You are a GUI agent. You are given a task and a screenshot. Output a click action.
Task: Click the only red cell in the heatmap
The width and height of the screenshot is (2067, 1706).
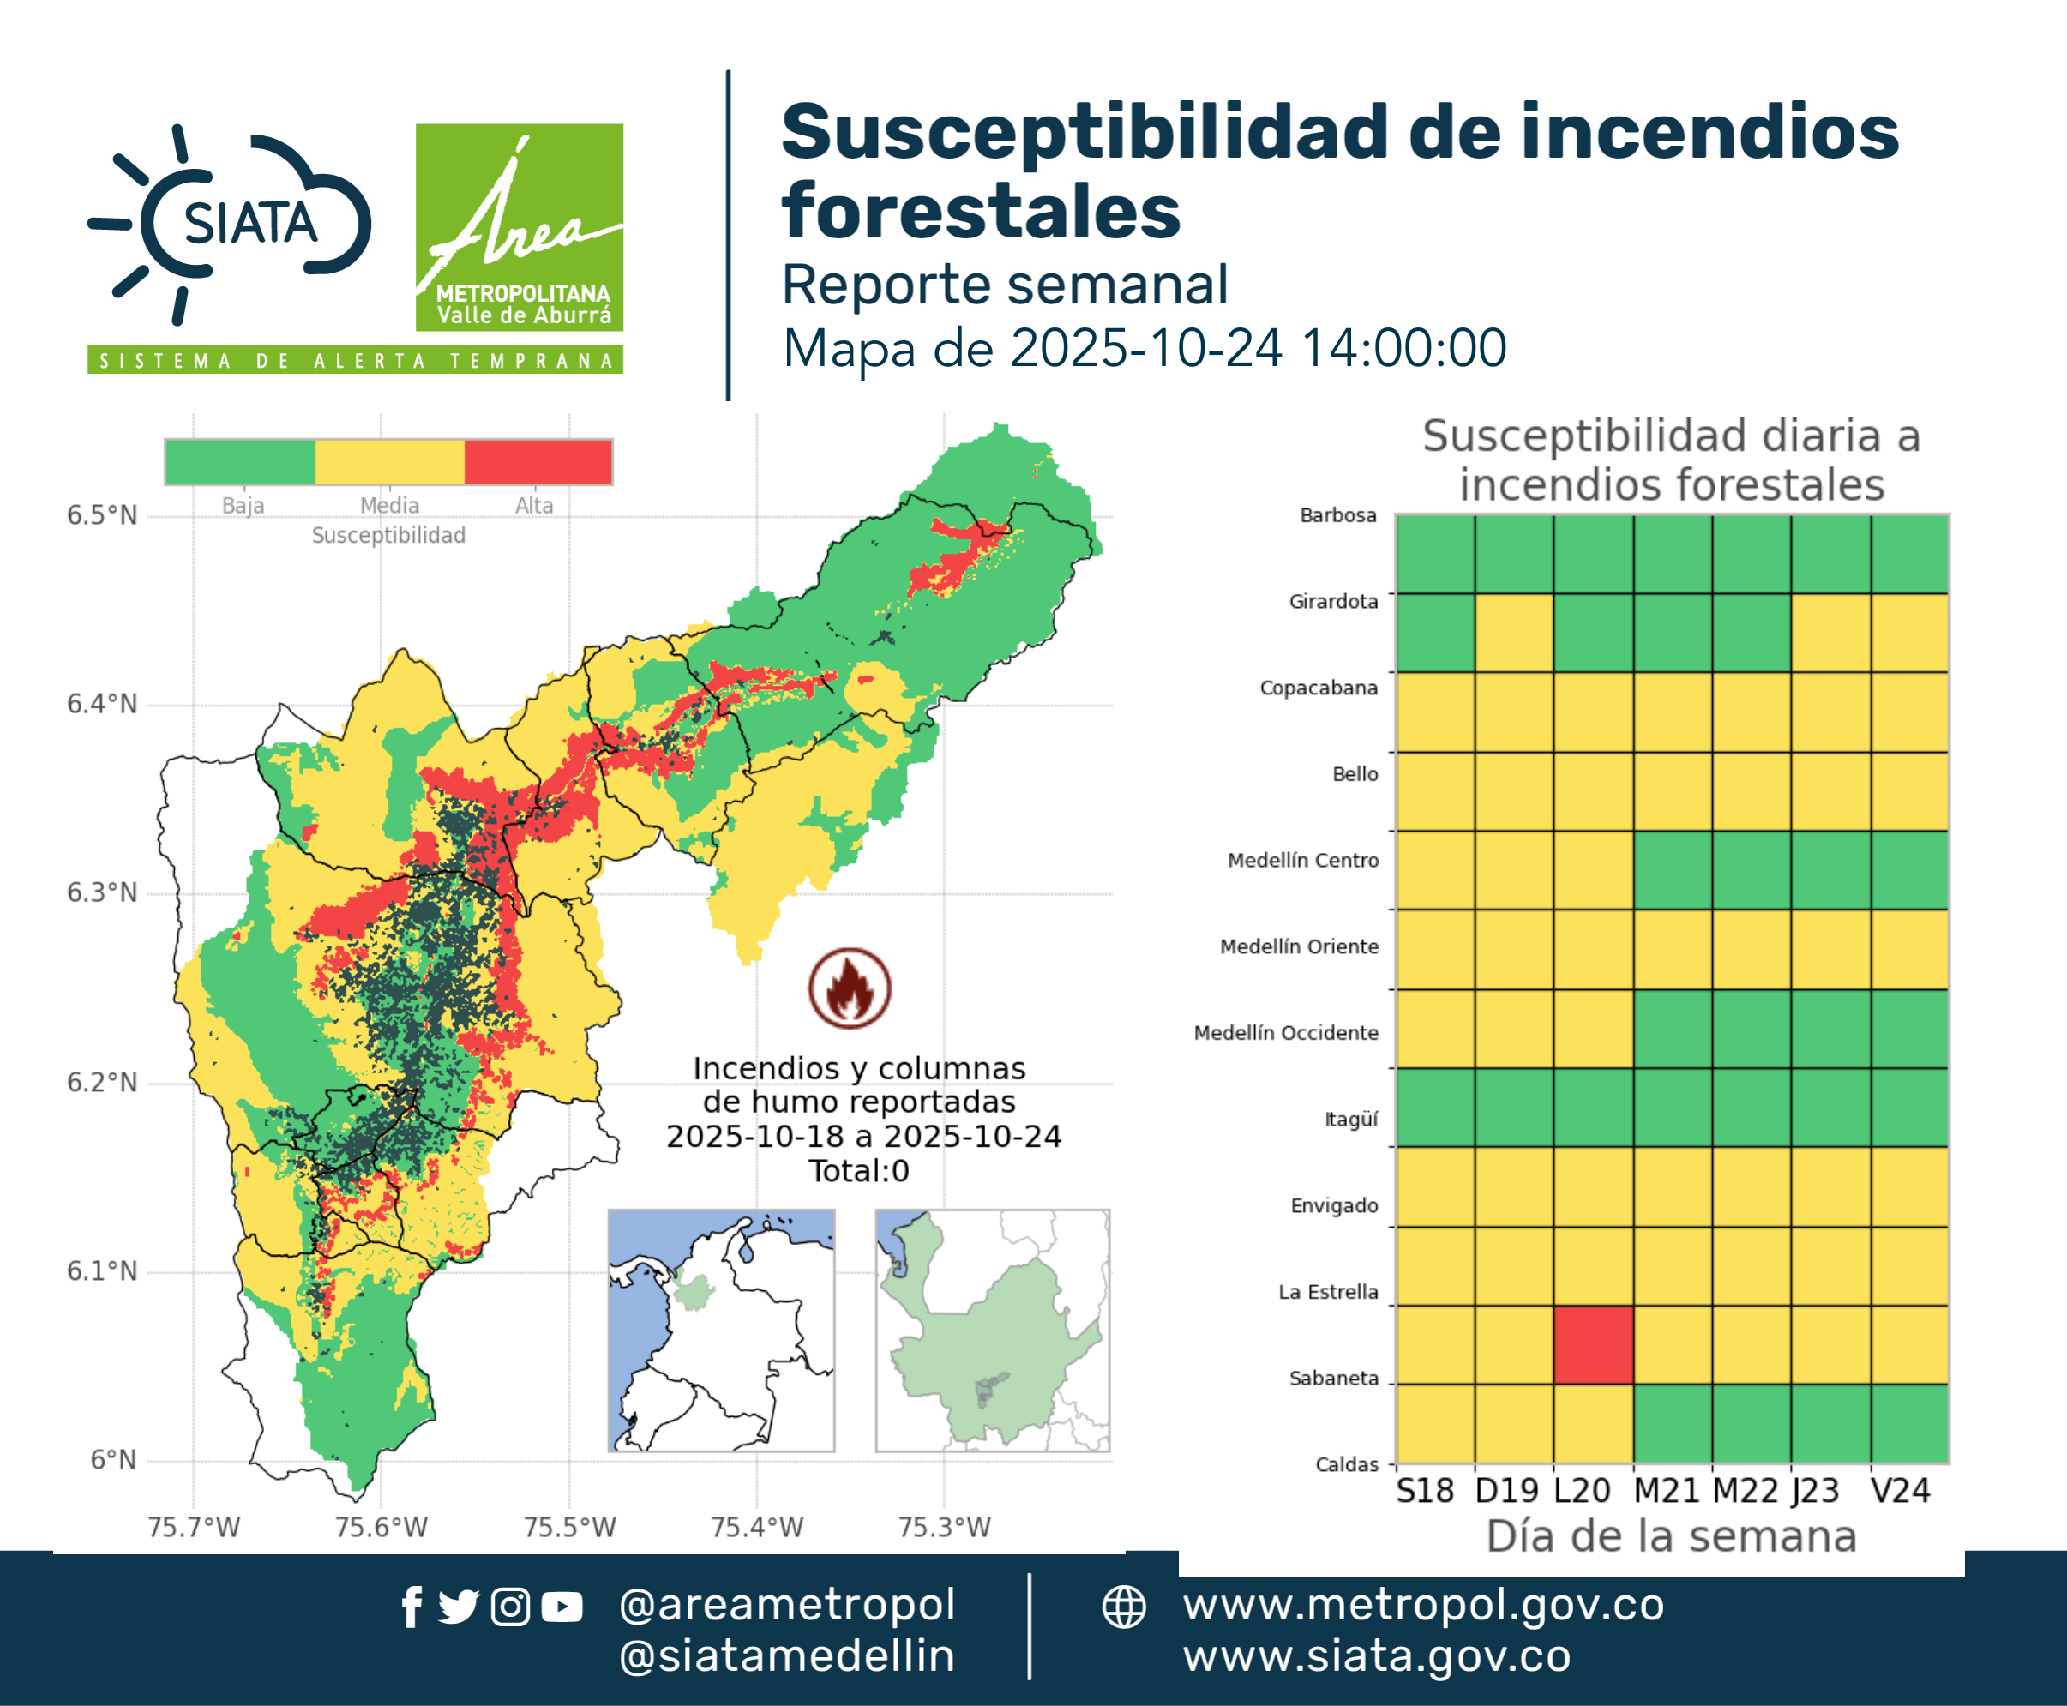(1593, 1343)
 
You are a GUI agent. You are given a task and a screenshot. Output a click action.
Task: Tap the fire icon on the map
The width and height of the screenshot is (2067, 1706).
(850, 988)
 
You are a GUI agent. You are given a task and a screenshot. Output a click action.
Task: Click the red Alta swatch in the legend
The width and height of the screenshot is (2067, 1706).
(538, 462)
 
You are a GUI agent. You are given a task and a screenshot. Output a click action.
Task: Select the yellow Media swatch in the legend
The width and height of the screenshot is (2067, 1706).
(390, 462)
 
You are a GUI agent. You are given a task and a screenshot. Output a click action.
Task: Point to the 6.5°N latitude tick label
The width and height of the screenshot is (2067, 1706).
(102, 515)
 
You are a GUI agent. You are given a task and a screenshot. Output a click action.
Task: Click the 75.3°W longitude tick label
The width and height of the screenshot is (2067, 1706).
(945, 1527)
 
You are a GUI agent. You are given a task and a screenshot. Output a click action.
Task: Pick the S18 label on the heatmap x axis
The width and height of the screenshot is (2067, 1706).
(1425, 1491)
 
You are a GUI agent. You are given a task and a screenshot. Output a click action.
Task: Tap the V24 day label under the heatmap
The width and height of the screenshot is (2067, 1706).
(1900, 1491)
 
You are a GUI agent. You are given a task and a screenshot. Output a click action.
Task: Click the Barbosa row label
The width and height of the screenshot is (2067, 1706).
(1337, 515)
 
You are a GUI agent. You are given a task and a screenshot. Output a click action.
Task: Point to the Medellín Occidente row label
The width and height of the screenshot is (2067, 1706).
(1286, 1033)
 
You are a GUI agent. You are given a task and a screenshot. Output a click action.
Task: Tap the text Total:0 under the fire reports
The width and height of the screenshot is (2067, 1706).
(859, 1170)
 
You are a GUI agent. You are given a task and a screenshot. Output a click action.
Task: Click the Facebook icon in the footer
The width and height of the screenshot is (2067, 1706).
(412, 1607)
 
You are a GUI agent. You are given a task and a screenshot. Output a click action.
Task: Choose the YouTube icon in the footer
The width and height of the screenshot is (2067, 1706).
(562, 1607)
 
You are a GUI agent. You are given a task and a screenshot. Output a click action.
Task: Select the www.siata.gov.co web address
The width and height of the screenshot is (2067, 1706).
(1377, 1656)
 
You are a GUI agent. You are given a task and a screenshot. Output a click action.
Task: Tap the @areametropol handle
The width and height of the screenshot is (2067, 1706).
(787, 1605)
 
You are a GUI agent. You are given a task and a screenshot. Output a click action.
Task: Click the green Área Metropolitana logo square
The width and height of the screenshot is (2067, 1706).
(519, 227)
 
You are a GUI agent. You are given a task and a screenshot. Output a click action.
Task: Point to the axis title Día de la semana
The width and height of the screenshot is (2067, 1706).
(1671, 1536)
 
